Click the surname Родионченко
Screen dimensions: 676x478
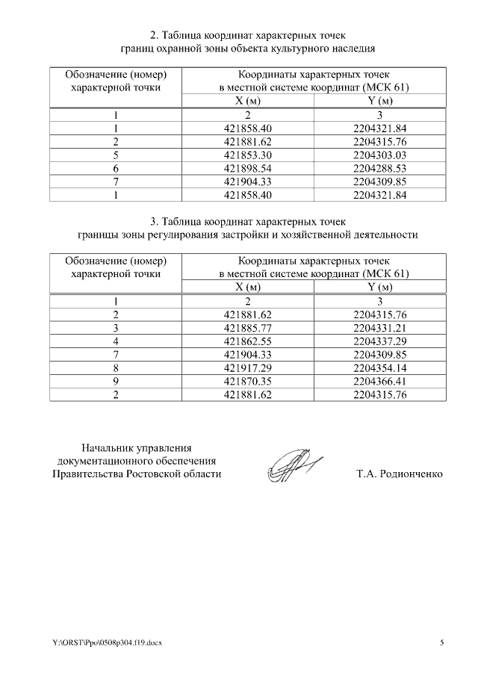411,474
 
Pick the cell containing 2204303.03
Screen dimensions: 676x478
380,155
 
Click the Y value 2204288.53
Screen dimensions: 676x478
380,168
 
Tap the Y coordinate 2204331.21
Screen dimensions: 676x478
380,328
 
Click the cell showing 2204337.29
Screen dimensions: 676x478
380,341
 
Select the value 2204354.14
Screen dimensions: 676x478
380,368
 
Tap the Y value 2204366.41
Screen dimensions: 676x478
380,382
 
